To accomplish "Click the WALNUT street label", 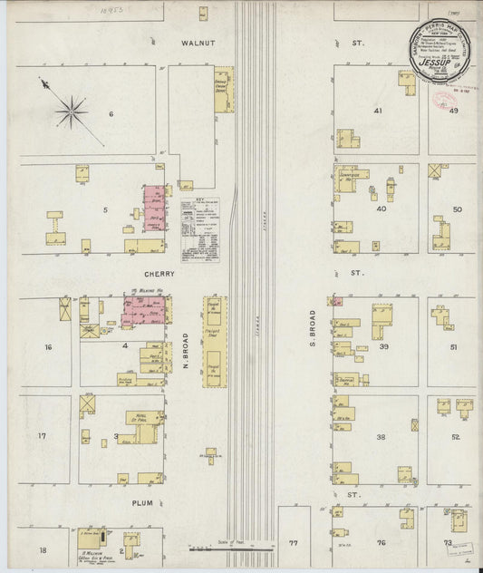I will tap(196, 43).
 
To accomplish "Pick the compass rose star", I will tap(70, 112).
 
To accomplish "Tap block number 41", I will tap(378, 111).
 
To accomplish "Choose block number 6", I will tap(111, 113).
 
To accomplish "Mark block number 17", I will tap(42, 436).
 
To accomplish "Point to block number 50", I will tap(457, 209).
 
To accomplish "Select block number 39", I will tap(384, 347).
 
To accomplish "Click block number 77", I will tap(293, 543).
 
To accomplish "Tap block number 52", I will tap(456, 436).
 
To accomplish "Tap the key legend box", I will tap(199, 229).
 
